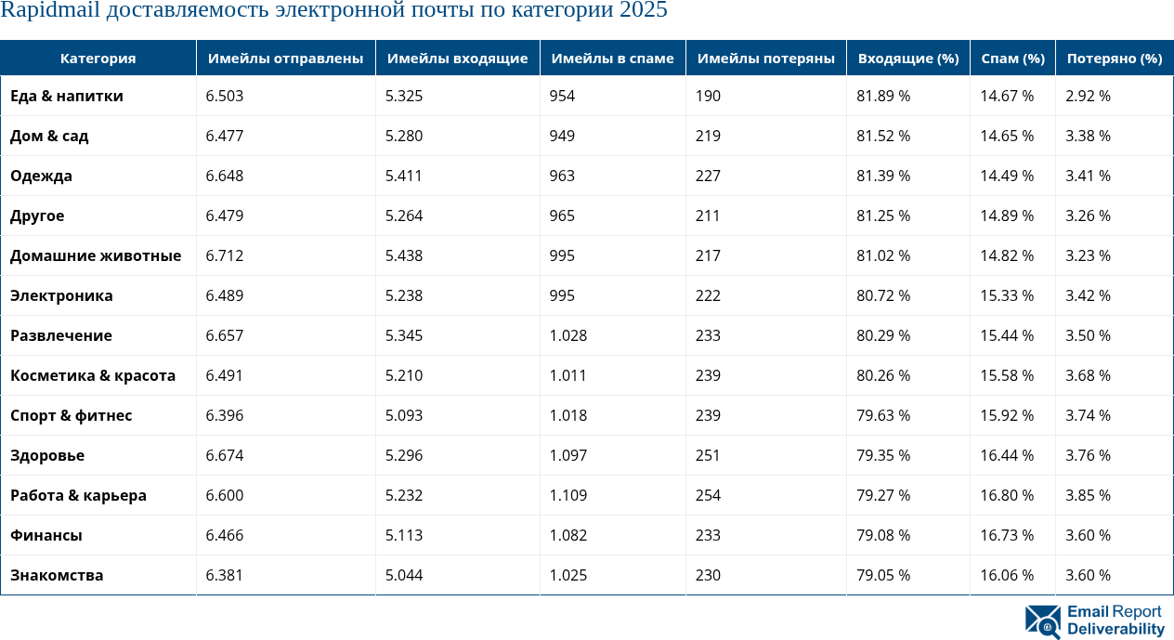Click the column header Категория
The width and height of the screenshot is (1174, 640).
tap(98, 58)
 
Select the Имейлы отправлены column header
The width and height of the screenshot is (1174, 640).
tap(285, 58)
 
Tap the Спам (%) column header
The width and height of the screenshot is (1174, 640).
tap(1012, 58)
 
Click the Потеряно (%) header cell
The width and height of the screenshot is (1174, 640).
tap(1114, 58)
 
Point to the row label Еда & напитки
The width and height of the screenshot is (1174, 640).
tap(66, 96)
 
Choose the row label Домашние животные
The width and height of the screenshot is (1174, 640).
tap(95, 255)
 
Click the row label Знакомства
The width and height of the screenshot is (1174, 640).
tap(57, 575)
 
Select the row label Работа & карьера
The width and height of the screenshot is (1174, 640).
tap(78, 495)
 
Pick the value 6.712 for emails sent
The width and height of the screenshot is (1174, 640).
tap(225, 255)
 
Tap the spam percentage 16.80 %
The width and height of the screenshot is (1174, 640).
tap(1007, 495)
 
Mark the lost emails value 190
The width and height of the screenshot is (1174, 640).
tap(708, 96)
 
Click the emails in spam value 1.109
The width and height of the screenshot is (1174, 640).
tap(568, 495)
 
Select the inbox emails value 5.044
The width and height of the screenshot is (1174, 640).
tap(404, 575)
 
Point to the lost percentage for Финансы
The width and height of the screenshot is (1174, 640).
tap(1089, 535)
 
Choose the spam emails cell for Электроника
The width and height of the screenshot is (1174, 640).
tap(562, 295)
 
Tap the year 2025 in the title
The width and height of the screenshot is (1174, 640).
tap(643, 11)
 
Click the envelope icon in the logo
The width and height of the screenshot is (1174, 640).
tap(1042, 621)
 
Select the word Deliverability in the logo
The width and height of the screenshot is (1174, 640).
tap(1115, 630)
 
